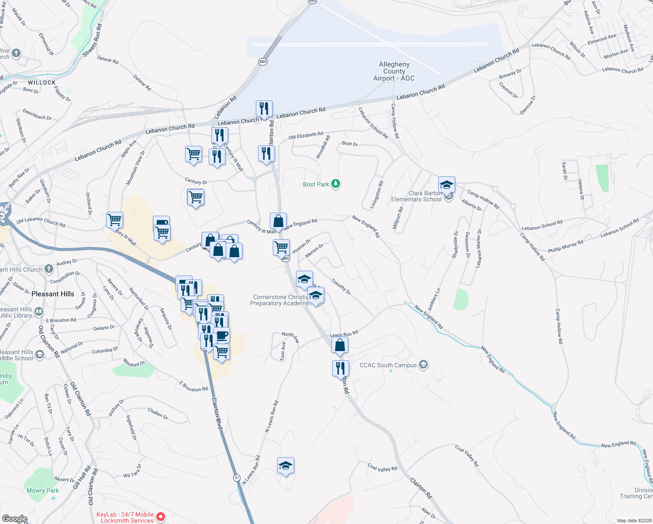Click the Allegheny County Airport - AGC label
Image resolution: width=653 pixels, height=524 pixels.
(x=394, y=71)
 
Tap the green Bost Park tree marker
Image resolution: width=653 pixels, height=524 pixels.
(x=335, y=184)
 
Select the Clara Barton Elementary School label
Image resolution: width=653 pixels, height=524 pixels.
(x=416, y=196)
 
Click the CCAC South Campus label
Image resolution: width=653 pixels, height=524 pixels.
(x=388, y=365)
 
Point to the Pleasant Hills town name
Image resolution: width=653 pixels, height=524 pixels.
(x=53, y=294)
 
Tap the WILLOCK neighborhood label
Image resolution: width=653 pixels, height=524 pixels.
(x=42, y=83)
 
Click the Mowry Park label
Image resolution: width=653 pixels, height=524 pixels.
(x=43, y=490)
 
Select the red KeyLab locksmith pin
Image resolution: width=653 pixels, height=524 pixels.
(x=161, y=517)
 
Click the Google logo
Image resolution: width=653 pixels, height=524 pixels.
(x=14, y=518)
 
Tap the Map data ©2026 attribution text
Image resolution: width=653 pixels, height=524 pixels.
(x=632, y=521)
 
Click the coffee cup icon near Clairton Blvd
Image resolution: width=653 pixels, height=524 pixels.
(x=222, y=335)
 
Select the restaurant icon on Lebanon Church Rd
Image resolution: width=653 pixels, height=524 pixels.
(x=264, y=108)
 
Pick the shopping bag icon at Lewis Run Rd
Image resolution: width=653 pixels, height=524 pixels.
(x=340, y=345)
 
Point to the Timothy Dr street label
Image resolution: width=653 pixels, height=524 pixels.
(x=341, y=286)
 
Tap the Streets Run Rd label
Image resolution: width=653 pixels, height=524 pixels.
(x=93, y=40)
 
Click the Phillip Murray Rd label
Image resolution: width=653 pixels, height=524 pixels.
(x=566, y=247)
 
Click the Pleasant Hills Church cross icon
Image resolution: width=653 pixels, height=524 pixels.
(x=49, y=269)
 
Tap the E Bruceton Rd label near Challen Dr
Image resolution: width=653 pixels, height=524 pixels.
(x=193, y=386)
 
